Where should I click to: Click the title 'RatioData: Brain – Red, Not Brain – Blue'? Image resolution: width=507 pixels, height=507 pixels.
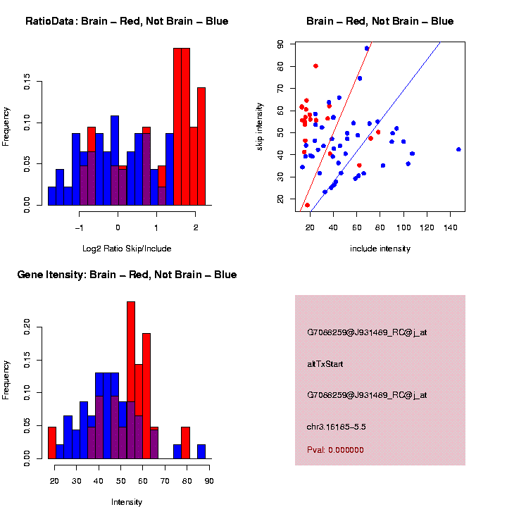pos(127,21)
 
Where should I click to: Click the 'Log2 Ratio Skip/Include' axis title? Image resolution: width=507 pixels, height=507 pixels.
pos(126,249)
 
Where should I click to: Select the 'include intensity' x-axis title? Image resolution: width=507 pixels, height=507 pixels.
pos(380,249)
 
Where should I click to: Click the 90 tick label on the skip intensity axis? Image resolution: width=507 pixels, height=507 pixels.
pos(280,44)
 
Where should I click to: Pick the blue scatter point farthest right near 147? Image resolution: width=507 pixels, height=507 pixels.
pos(458,149)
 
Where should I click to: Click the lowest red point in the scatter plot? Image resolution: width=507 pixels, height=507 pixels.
pos(307,205)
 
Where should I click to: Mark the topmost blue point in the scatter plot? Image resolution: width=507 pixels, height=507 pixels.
pos(367,49)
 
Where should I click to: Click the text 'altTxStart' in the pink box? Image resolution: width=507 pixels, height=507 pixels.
pos(325,364)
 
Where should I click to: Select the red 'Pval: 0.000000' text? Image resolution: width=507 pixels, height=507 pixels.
pos(335,449)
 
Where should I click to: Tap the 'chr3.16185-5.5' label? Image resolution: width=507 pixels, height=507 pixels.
pos(336,427)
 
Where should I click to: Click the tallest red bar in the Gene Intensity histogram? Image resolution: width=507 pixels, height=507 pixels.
pos(131,380)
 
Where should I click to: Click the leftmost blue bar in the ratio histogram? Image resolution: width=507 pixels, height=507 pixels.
pos(52,196)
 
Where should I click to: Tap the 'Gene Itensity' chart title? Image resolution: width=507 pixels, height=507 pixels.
pos(127,275)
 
